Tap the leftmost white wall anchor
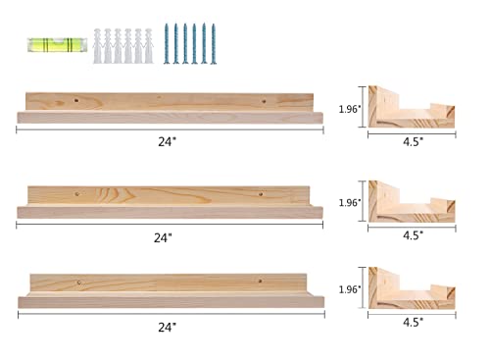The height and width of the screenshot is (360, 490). pos(99,44)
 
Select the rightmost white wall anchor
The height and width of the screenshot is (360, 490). pos(150,44)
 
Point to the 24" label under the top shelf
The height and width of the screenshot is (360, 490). pos(168,141)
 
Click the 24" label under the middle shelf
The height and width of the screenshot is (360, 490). pos(163,236)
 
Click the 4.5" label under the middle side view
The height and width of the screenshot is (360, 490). pos(414,235)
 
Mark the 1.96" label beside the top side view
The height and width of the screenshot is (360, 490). pos(348,110)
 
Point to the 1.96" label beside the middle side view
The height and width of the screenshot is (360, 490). pos(348,203)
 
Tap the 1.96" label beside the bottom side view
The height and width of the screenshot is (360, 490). pos(348,291)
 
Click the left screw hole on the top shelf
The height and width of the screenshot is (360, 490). pos(78,101)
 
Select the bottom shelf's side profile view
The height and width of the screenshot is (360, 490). pos(412,288)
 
